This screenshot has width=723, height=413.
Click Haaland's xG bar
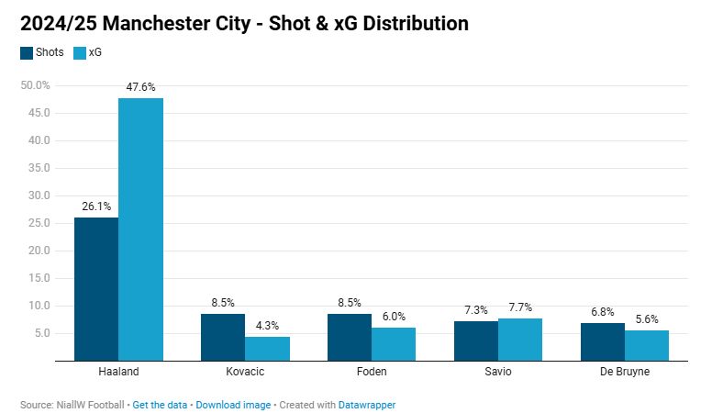[140, 229]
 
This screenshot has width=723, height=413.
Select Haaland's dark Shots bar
[96, 288]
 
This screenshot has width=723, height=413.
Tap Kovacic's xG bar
[267, 349]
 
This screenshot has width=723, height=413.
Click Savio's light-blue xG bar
[520, 340]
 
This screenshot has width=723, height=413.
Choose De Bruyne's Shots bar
[603, 341]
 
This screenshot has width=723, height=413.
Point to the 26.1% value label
[96, 206]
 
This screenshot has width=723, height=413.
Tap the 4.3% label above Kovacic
[267, 326]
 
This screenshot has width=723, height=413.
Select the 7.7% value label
[520, 307]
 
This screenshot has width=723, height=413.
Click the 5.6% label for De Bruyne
[647, 319]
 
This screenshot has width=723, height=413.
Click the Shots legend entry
[42, 52]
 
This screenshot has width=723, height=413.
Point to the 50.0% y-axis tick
[36, 85]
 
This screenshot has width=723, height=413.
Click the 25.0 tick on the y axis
[39, 223]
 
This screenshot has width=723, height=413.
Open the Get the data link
[161, 404]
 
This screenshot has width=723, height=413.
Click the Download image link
[233, 404]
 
